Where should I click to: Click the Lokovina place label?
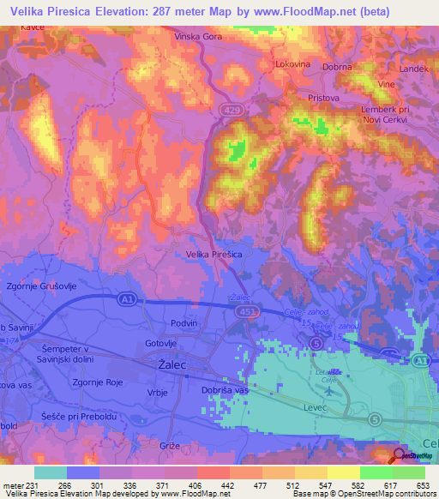[x=292, y=63]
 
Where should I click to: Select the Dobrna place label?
[x=338, y=66]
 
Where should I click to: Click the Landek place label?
[x=412, y=68]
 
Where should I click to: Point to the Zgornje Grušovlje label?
[x=40, y=286]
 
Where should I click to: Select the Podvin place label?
[x=183, y=322]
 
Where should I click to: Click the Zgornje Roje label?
[x=99, y=383]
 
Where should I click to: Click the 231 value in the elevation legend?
[x=33, y=484]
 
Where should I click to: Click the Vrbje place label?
[x=157, y=392]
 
